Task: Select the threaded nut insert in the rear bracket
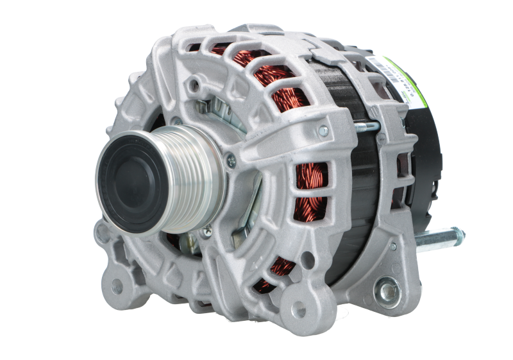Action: (387, 291)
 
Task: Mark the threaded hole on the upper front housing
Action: (193, 84)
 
